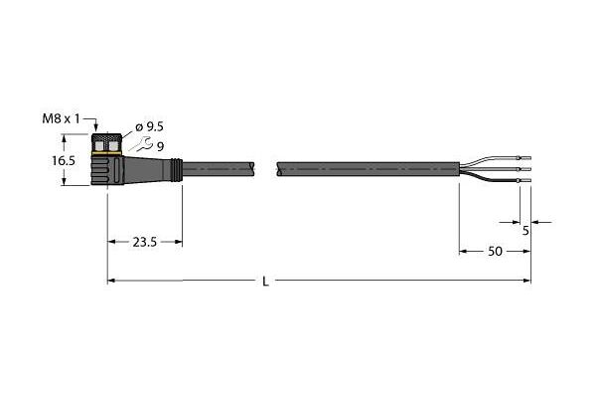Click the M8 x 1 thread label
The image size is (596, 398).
point(61,119)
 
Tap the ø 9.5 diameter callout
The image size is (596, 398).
point(149,126)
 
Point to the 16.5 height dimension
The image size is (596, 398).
point(64,161)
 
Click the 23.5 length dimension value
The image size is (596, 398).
point(145,242)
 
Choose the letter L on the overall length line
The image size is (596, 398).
point(265,282)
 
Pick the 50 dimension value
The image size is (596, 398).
point(495,252)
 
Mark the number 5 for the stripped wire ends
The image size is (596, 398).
point(525,231)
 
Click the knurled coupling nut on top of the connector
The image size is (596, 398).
point(107,142)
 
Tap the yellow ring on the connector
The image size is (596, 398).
point(107,153)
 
